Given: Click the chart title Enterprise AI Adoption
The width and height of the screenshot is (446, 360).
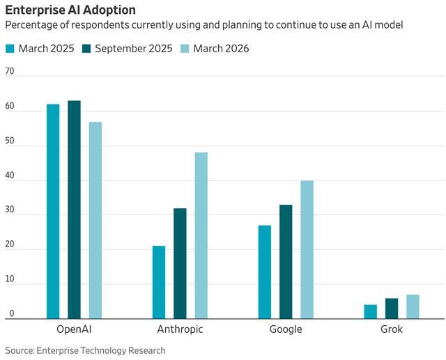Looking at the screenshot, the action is click(70, 10).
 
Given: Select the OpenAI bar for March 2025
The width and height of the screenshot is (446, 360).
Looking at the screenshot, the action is click(53, 212).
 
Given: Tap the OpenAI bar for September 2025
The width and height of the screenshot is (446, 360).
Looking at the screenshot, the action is click(75, 210).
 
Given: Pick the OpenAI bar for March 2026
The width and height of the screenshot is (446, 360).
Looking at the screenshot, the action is click(95, 220).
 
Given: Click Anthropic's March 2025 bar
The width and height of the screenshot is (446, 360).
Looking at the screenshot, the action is click(159, 282).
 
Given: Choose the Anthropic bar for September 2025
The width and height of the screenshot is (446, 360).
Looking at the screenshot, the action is click(180, 263).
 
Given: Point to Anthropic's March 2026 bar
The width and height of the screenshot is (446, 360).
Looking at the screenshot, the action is click(201, 235).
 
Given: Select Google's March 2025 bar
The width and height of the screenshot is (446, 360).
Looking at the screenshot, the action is click(265, 272).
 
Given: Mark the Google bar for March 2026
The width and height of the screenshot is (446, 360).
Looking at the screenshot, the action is click(307, 249).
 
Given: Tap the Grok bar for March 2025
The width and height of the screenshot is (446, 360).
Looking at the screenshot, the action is click(371, 312).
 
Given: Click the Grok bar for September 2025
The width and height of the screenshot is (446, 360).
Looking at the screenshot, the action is click(392, 308).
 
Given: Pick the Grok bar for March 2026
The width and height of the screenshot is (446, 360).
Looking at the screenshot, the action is click(413, 306).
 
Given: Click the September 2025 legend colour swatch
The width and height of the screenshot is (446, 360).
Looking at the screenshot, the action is click(86, 49).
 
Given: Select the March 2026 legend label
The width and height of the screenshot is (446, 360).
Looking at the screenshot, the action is click(221, 49).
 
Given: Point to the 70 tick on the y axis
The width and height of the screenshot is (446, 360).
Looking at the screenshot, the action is click(10, 71).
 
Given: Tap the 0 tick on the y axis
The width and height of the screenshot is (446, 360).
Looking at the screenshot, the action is click(12, 313).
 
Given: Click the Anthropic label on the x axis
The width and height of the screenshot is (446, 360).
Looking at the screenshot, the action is click(180, 329).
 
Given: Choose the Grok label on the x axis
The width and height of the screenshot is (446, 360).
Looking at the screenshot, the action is click(392, 329).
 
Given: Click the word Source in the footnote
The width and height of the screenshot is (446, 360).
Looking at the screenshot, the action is click(20, 350).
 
